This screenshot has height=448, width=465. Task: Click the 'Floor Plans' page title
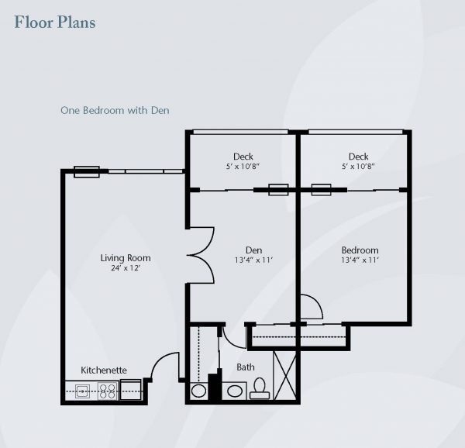point(55,22)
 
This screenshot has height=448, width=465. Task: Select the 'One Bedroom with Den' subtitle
point(115,110)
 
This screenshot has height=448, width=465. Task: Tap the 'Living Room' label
point(126,257)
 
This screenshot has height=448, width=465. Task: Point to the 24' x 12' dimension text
point(126,268)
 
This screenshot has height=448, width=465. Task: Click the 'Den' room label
point(254,250)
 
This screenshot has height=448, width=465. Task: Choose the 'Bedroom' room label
point(360,250)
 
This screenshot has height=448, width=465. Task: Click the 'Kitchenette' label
point(104,370)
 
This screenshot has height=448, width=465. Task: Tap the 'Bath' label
point(246,367)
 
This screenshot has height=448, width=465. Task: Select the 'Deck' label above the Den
point(243,157)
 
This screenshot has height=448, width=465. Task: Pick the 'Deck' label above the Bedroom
point(359,157)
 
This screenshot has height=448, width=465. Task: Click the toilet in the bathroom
point(260,388)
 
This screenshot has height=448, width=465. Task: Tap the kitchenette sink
point(82,391)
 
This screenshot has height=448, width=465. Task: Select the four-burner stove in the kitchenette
point(108,391)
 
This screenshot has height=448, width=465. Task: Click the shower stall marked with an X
point(284,375)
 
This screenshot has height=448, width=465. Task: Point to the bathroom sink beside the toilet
point(235,391)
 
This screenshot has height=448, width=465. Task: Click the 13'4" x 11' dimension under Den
point(254,260)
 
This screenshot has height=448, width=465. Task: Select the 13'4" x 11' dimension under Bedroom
point(360,260)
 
